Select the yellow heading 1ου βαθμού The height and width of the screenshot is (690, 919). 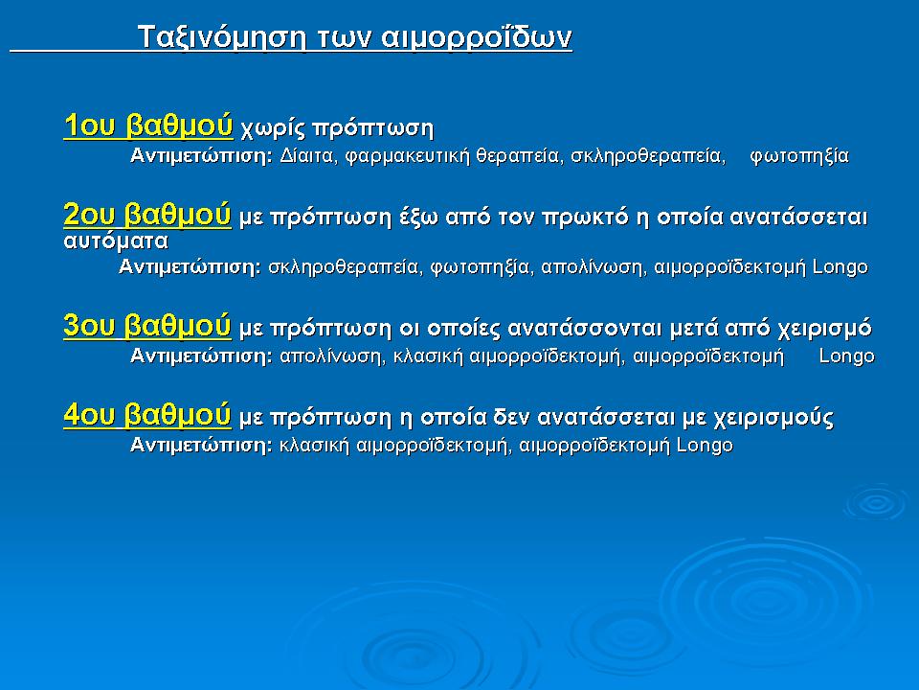[x=147, y=126]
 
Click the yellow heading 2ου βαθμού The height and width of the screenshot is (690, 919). [x=147, y=216]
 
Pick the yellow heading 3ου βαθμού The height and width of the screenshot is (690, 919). [x=147, y=326]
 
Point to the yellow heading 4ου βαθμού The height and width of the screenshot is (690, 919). [x=147, y=416]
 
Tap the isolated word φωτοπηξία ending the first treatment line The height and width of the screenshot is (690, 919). [x=799, y=156]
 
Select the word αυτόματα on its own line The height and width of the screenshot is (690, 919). [x=116, y=241]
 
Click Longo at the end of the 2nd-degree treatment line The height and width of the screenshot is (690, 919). [x=840, y=267]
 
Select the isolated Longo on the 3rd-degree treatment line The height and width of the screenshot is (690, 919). [x=847, y=356]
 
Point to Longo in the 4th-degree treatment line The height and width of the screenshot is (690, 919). [x=705, y=446]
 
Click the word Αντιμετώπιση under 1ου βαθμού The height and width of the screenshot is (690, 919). [x=201, y=156]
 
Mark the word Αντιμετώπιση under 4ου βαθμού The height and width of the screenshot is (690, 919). [x=201, y=446]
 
